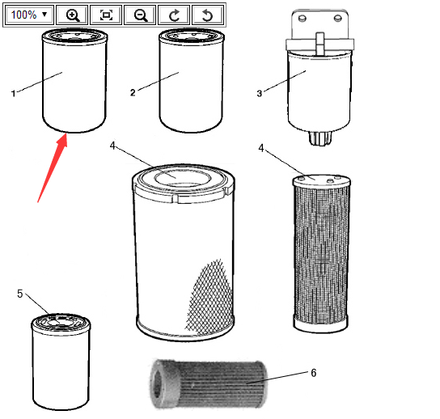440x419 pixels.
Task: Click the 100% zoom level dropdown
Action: point(29,15)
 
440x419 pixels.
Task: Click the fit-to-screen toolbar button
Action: point(106,15)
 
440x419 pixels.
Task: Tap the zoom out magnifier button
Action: point(140,15)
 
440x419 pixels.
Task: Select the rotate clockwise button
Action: point(174,15)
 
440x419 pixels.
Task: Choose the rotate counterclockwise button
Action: point(208,15)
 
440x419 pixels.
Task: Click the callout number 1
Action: point(13,94)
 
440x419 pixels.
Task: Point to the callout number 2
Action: point(133,92)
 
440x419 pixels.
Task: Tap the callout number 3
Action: point(260,94)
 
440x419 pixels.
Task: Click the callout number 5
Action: point(19,294)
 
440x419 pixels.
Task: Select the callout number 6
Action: point(314,373)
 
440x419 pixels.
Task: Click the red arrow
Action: point(53,167)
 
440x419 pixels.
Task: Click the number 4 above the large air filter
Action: point(112,146)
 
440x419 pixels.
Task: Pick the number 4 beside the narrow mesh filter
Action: point(261,148)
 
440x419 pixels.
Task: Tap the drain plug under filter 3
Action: point(320,138)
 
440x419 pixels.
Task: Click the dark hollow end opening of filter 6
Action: point(158,384)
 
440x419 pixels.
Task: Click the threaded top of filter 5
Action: point(61,322)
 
